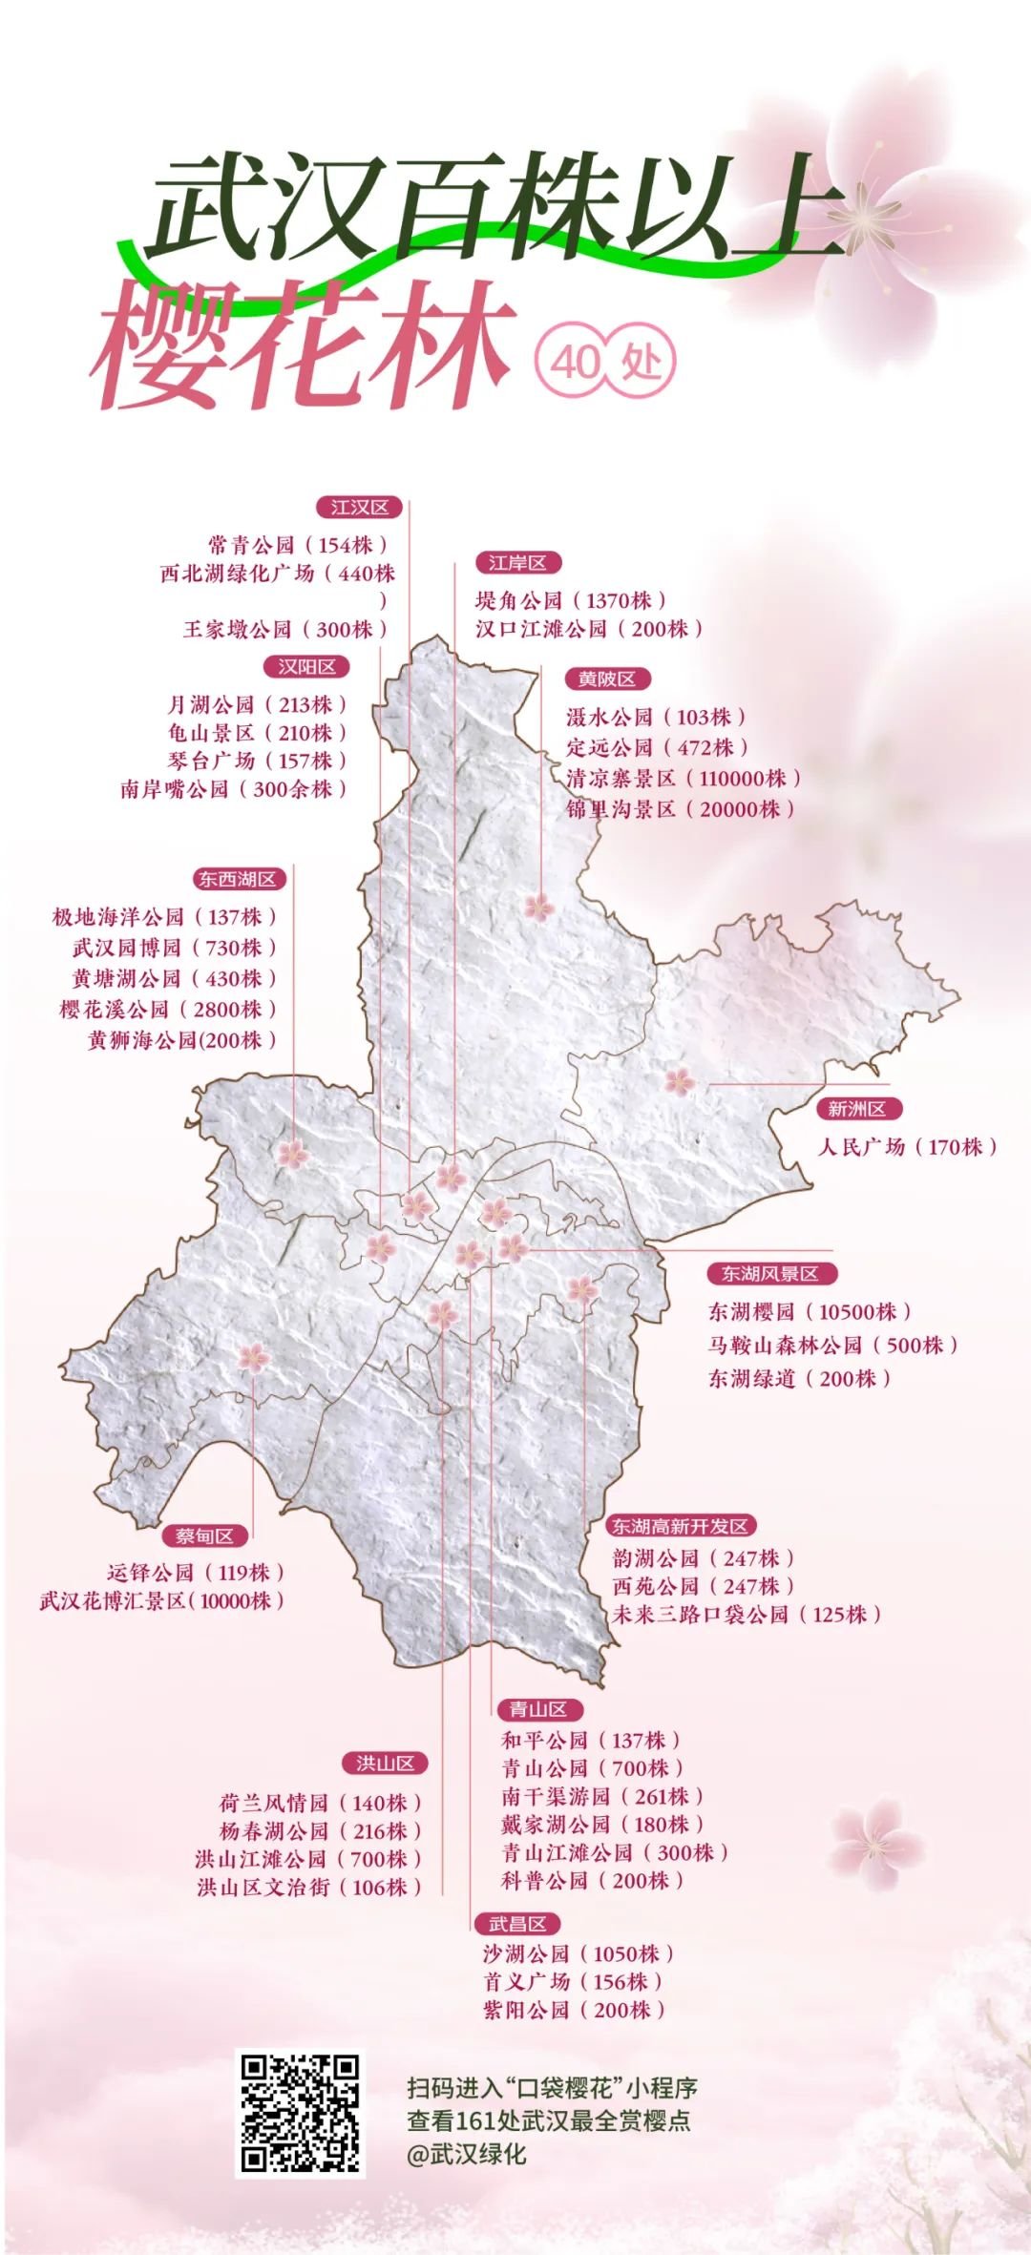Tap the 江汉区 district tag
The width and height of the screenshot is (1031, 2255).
(359, 507)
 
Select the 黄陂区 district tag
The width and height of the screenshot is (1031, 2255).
(606, 679)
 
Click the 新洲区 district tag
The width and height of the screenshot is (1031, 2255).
(856, 1109)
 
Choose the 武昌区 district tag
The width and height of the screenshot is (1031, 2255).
(517, 1924)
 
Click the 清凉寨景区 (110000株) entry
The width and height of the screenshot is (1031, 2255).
(684, 779)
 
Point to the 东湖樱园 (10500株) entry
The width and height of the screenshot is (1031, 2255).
(810, 1311)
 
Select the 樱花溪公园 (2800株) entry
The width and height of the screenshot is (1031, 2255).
(168, 1009)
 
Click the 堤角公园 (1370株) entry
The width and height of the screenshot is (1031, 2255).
(571, 600)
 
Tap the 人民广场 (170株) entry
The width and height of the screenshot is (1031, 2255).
(907, 1146)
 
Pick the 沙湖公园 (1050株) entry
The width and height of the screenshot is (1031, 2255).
(579, 1953)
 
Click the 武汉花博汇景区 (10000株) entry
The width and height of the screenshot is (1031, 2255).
(162, 1600)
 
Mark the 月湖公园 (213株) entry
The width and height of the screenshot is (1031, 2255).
(257, 704)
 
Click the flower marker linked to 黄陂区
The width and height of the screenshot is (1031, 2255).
(538, 907)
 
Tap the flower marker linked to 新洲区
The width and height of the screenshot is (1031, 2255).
(679, 1081)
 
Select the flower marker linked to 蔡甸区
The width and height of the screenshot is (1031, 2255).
(253, 1356)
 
